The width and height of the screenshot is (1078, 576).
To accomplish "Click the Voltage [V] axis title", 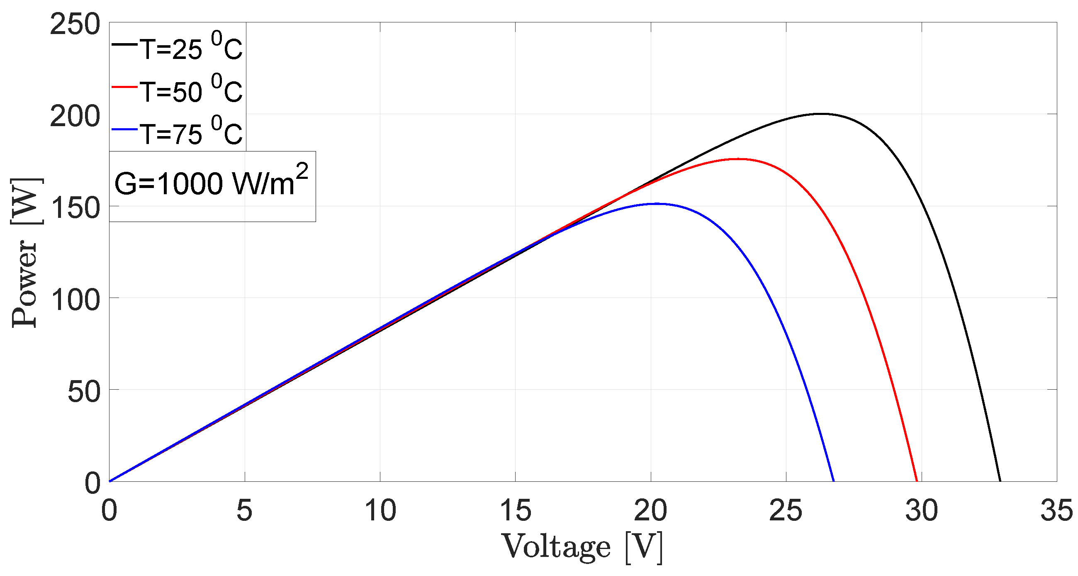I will (x=582, y=547).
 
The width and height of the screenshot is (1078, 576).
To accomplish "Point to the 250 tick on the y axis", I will (x=75, y=24).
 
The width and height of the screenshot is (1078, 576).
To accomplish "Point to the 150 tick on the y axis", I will (x=75, y=207).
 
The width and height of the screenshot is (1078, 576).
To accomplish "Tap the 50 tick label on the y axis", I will (x=84, y=391).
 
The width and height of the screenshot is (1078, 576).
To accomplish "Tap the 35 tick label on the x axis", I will (x=1056, y=511).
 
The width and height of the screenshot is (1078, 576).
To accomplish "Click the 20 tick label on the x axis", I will (x=650, y=511).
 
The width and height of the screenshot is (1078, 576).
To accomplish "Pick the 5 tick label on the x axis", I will (x=244, y=511).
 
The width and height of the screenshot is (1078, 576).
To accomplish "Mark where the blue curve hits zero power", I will (x=834, y=481).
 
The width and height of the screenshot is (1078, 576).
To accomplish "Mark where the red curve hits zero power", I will (x=917, y=481).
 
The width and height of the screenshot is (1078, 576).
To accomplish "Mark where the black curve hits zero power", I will (x=1000, y=481).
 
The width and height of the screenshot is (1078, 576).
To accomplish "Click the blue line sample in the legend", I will (x=124, y=130).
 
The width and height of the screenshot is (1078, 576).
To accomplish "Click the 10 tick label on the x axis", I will (x=380, y=511).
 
